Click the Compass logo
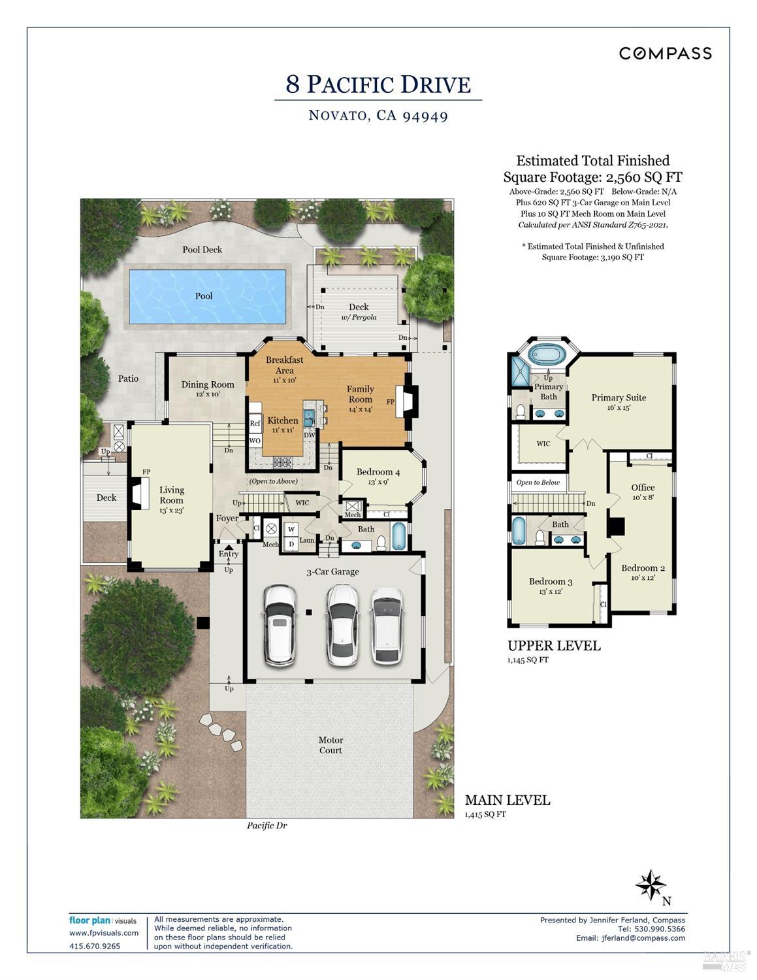(x=665, y=53)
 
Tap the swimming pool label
(x=204, y=296)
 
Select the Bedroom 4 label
(x=378, y=472)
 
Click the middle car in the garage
(x=342, y=625)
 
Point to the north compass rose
(x=651, y=885)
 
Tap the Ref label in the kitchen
(x=255, y=423)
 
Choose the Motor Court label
(x=330, y=745)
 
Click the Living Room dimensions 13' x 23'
(x=171, y=511)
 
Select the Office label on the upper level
(x=643, y=488)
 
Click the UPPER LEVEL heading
(x=554, y=646)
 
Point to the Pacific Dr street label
(x=266, y=825)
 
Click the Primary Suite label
(x=619, y=397)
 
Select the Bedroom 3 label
(x=551, y=581)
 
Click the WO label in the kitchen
(x=255, y=441)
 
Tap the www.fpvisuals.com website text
(x=104, y=933)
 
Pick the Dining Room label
(x=208, y=384)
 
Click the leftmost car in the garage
(x=280, y=625)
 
